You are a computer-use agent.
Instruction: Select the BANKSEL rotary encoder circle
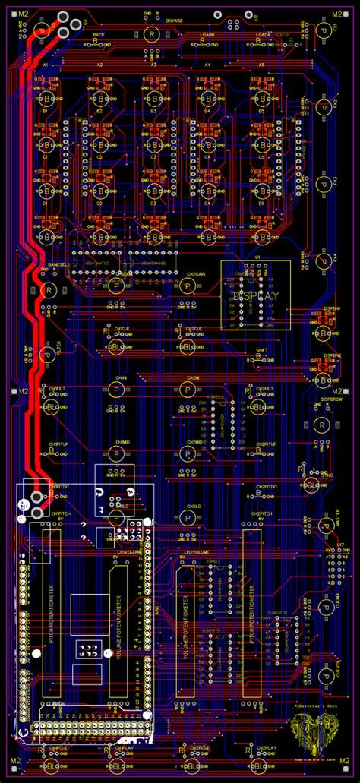tap(50, 290)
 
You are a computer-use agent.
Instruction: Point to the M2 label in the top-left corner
tap(23, 14)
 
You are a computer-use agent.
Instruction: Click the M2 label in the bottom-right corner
tap(336, 760)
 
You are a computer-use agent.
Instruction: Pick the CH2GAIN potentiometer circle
tap(187, 285)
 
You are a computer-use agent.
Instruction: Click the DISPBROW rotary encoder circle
tap(322, 424)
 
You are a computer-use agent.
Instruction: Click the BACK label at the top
tap(98, 35)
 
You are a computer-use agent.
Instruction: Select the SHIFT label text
tap(261, 349)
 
